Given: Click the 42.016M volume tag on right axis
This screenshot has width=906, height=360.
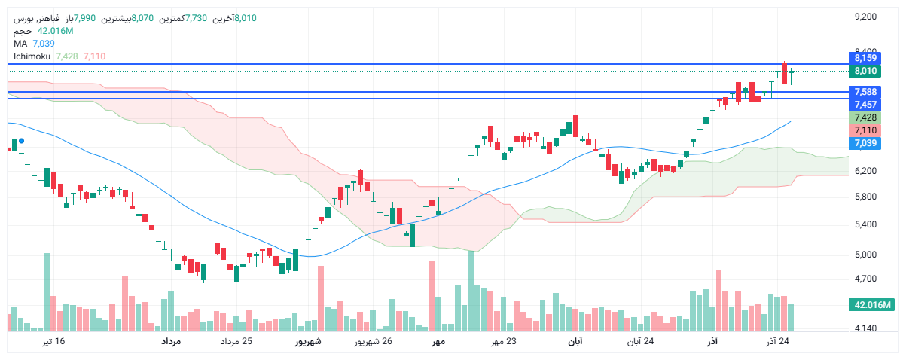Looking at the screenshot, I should pos(870,304).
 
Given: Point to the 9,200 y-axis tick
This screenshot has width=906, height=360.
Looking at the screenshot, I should pos(866,17).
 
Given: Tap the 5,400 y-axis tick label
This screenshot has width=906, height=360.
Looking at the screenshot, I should pos(866,224).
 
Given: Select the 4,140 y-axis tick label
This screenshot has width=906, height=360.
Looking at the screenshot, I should pos(866,329).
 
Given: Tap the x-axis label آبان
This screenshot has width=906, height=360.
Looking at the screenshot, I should pos(574,342).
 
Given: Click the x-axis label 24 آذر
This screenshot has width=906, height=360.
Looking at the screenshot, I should pos(778,342).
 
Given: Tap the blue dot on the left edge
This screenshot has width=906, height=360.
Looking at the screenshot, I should pos(22,141).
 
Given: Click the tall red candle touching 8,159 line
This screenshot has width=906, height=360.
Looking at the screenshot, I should pos(785,73).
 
